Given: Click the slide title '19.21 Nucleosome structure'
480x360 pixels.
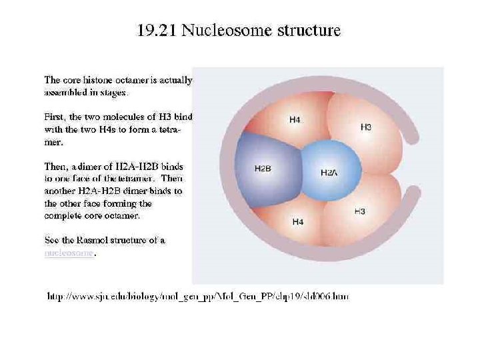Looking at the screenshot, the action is (x=239, y=31).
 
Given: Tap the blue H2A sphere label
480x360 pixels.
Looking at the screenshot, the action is (x=329, y=173).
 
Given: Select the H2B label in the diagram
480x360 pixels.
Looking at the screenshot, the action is (x=263, y=169).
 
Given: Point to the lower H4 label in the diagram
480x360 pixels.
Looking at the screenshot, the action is (x=298, y=221).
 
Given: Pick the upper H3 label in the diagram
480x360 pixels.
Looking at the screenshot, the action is (x=366, y=127).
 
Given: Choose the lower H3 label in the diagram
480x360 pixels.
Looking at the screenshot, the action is (x=359, y=211).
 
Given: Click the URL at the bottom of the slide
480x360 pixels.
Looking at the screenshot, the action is (x=197, y=296).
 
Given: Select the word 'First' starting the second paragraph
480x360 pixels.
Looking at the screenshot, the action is (x=55, y=117).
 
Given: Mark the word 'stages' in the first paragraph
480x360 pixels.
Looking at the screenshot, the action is (x=112, y=93).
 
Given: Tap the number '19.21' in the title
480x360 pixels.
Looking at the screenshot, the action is (x=157, y=31).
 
